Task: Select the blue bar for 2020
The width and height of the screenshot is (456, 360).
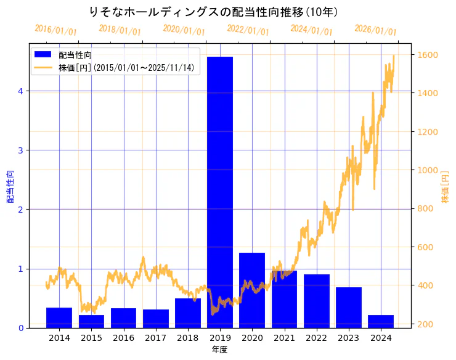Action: click(252, 290)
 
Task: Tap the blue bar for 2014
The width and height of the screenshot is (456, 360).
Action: click(59, 317)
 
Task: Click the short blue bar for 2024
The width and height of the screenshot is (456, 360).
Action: click(381, 321)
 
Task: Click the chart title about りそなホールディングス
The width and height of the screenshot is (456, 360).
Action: click(213, 12)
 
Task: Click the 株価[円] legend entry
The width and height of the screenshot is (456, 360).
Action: click(126, 68)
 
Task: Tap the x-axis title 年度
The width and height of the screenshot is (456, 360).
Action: click(220, 350)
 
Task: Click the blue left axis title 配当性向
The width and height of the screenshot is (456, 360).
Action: click(10, 187)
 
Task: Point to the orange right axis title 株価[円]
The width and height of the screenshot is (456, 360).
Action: click(445, 187)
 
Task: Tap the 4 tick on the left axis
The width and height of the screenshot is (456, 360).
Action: click(20, 91)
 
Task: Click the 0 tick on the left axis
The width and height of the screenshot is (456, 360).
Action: click(20, 328)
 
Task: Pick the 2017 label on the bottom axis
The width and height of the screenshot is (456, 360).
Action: click(156, 338)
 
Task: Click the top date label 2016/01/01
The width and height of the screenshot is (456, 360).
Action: click(56, 30)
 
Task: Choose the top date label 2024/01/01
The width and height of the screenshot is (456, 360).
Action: click(312, 30)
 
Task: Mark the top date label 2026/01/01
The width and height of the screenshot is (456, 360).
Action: click(376, 30)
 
